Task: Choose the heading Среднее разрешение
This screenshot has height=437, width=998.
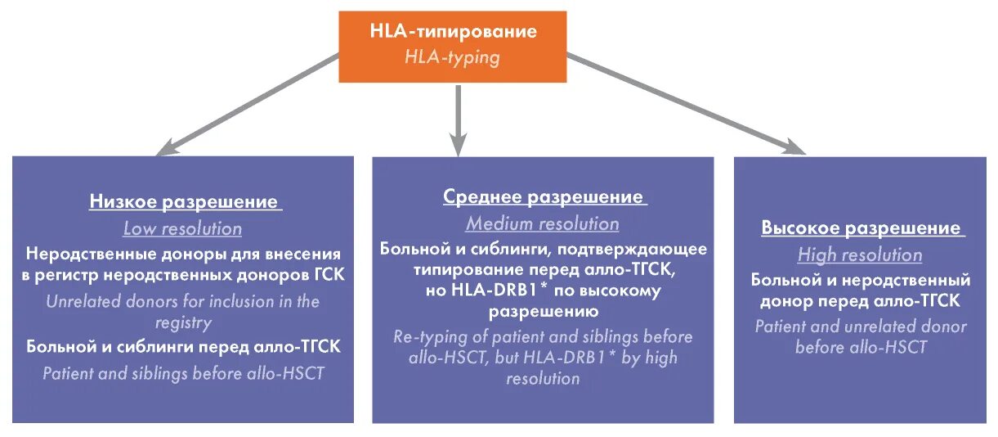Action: coord(543,197)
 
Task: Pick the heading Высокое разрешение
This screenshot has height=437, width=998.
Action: coord(860,228)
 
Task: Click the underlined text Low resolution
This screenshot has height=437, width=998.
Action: coord(182,228)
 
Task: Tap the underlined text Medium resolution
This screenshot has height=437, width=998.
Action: coord(543,223)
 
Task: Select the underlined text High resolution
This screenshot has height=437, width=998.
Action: coord(860,255)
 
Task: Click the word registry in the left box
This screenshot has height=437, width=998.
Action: coord(182,322)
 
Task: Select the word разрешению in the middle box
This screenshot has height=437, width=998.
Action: coord(543,312)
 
